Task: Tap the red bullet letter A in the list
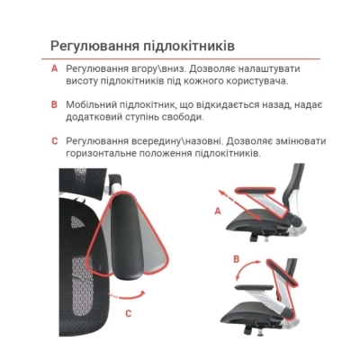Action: click(x=54, y=68)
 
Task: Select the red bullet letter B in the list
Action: click(x=54, y=104)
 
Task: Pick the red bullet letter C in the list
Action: click(x=54, y=141)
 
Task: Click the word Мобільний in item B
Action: click(x=92, y=104)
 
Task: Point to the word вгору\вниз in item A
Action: click(x=148, y=68)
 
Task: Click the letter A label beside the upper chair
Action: click(x=217, y=211)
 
